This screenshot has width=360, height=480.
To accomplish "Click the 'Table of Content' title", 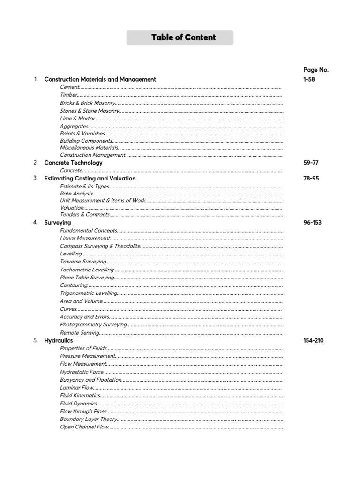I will [184, 37].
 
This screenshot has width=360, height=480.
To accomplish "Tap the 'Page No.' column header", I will [316, 70].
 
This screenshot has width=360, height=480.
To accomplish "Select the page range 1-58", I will [309, 79].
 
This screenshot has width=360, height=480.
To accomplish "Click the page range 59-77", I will [311, 163].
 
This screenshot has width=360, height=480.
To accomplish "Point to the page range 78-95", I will [311, 178].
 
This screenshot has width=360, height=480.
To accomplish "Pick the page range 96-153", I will [313, 222].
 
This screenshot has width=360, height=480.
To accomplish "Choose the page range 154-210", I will [314, 340].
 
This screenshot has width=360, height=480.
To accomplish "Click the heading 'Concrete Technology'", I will [73, 163].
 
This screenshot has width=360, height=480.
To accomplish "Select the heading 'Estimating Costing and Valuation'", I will [90, 178].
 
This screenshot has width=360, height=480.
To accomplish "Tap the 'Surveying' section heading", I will [58, 222].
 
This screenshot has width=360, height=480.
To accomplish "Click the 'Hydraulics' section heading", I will [59, 340].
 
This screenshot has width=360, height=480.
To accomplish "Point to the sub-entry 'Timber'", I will [68, 95].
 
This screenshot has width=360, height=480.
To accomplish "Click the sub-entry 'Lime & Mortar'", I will [77, 119].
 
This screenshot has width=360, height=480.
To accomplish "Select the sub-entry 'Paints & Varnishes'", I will [82, 134].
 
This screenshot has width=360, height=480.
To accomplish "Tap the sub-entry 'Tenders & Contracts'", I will [85, 214].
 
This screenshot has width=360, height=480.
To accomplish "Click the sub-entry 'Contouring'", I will [74, 285].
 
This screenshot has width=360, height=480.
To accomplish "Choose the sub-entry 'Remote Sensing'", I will [80, 333].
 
